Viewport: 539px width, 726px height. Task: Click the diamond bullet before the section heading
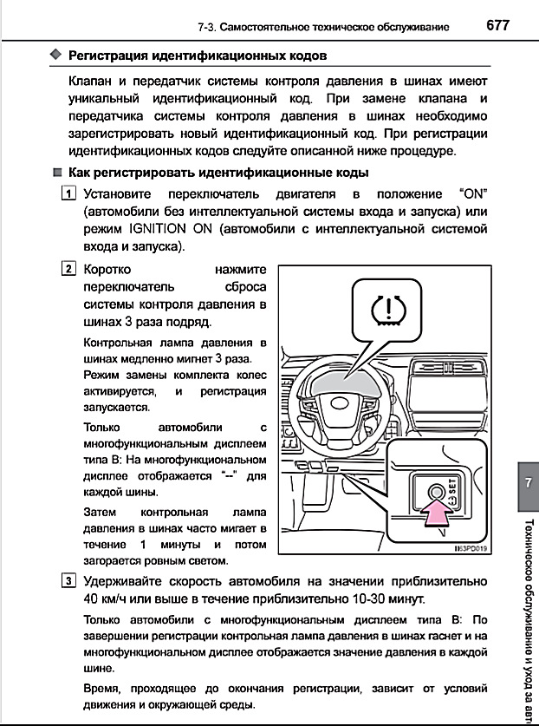56,56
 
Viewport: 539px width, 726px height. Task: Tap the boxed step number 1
68,193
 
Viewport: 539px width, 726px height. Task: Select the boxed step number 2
68,269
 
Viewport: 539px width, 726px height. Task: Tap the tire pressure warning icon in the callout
386,310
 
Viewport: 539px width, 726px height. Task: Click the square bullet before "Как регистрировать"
56,173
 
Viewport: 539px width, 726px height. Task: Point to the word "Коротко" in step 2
109,270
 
